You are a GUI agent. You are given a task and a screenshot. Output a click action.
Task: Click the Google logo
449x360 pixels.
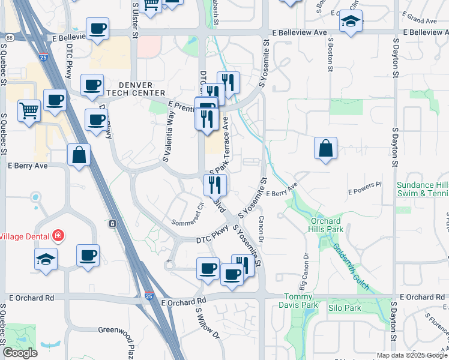[x=20, y=353]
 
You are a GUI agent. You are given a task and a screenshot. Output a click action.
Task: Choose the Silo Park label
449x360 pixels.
[x=345, y=308]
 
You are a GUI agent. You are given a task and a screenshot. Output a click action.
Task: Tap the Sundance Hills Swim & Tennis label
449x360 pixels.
[x=422, y=189]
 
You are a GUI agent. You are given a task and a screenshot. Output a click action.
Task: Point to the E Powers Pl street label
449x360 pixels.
[x=364, y=188]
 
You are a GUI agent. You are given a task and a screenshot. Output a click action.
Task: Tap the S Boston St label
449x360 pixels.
[x=330, y=53]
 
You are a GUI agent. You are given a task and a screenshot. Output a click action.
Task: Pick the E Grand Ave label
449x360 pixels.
[x=420, y=20]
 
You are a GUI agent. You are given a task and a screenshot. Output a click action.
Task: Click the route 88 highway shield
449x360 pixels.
[x=10, y=38]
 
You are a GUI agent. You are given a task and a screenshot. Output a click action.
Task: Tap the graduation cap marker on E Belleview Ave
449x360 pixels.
[x=349, y=23]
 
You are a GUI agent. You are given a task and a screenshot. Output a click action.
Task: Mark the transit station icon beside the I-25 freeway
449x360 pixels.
[x=112, y=224]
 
